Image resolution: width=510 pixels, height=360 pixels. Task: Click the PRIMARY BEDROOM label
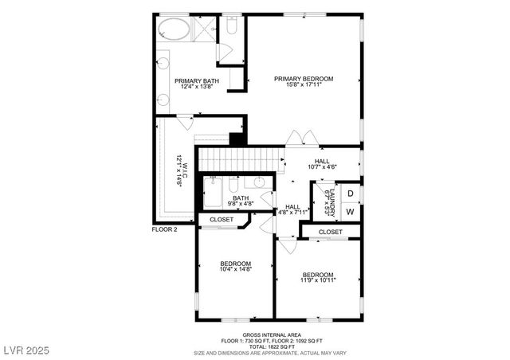[303, 79]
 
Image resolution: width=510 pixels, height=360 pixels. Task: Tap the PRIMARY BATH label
[197, 80]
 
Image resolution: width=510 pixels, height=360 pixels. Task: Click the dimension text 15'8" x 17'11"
[303, 86]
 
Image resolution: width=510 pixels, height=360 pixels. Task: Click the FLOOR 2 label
[166, 229]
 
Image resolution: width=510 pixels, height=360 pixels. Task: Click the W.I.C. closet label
[181, 169]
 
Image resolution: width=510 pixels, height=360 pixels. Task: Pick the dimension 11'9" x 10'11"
[318, 280]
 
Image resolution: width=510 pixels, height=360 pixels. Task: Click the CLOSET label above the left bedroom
[222, 220]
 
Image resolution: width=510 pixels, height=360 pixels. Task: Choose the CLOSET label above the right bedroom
[330, 232]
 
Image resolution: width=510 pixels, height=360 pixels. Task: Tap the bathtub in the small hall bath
[214, 194]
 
